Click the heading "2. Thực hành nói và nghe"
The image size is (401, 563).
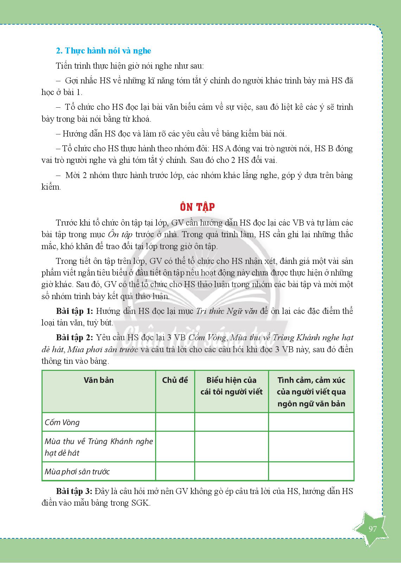pyautogui.click(x=103, y=51)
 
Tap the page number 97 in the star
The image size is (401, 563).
pyautogui.click(x=373, y=529)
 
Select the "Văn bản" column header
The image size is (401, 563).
pyautogui.click(x=99, y=380)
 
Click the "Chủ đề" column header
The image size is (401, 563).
pyautogui.click(x=175, y=380)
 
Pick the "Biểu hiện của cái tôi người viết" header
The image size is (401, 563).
pyautogui.click(x=231, y=386)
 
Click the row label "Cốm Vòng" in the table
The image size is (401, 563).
pyautogui.click(x=62, y=422)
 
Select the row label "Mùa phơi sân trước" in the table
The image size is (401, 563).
pyautogui.click(x=77, y=472)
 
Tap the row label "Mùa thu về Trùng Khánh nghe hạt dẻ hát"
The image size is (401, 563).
pyautogui.click(x=98, y=447)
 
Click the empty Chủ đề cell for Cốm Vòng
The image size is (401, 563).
pyautogui.click(x=175, y=422)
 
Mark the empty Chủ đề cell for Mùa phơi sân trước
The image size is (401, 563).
pyautogui.click(x=175, y=472)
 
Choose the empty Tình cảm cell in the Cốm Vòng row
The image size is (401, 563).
pyautogui.click(x=311, y=422)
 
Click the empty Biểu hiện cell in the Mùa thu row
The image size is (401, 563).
pyautogui.click(x=231, y=447)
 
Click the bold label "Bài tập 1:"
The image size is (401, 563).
pyautogui.click(x=74, y=311)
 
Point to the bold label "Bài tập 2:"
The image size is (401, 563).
pyautogui.click(x=74, y=337)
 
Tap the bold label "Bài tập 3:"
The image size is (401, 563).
pyautogui.click(x=74, y=491)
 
